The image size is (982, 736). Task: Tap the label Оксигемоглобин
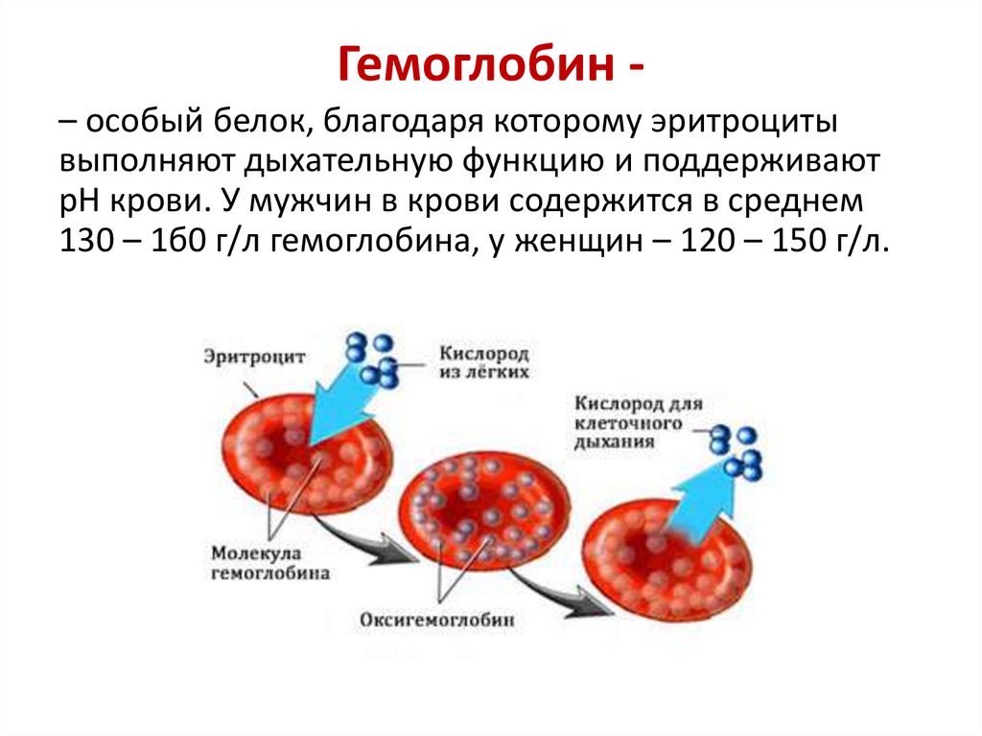[x=437, y=620]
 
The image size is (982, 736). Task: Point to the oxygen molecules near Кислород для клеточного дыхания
[x=739, y=451]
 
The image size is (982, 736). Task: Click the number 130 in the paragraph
[x=85, y=243]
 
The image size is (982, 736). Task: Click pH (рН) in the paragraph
[x=77, y=202]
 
